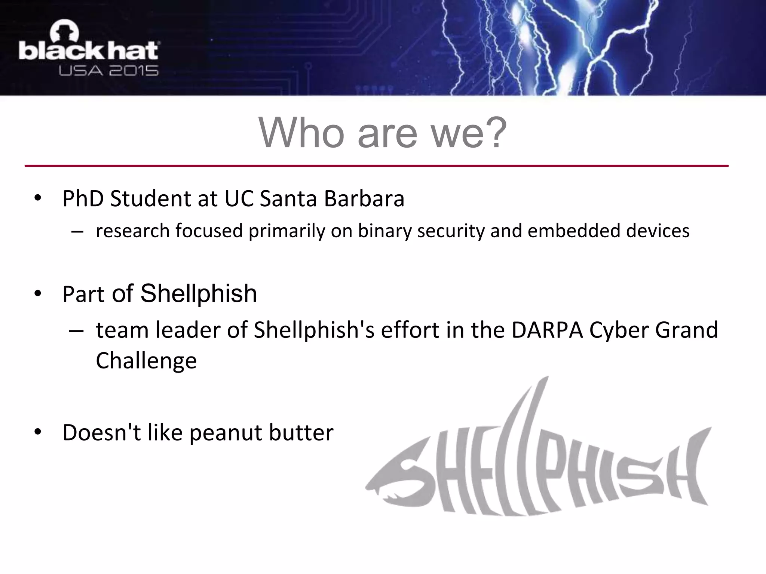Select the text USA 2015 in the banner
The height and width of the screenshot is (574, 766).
coord(108,71)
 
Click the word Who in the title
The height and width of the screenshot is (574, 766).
coord(301,133)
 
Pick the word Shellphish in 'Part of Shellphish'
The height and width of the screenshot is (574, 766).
coord(199,293)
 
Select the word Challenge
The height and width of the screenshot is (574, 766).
coord(146,361)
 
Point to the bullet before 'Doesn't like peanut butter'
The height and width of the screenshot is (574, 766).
coord(37,432)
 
